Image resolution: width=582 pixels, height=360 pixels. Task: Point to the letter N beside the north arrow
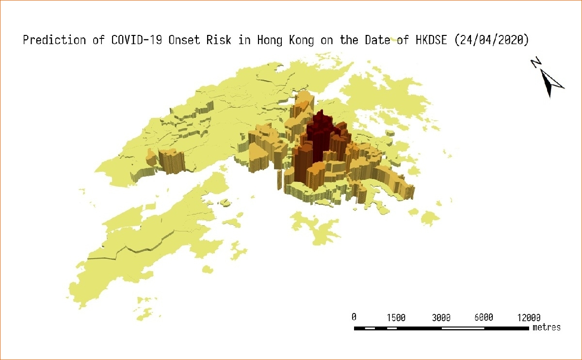point(536,63)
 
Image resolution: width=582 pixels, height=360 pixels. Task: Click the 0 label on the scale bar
point(354,317)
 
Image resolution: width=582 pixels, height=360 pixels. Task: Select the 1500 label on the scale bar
point(396,317)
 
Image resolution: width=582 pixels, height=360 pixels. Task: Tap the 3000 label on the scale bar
point(441,317)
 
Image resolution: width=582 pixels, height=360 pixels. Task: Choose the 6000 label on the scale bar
point(484,317)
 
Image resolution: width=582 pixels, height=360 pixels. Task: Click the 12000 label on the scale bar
point(528,317)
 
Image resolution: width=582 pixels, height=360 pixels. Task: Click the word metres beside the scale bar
point(546,327)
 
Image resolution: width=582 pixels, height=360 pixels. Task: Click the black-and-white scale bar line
point(441,328)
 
